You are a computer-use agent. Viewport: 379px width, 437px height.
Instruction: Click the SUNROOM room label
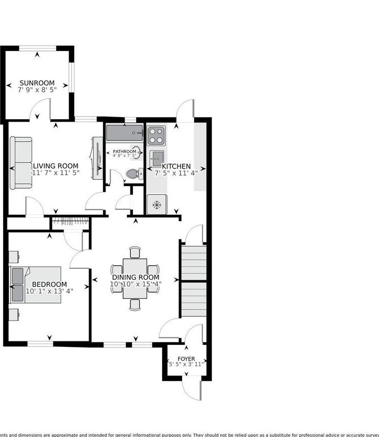pos(37,83)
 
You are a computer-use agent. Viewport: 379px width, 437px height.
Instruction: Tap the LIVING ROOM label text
pos(55,166)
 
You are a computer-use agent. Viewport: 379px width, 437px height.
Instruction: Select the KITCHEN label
pos(175,166)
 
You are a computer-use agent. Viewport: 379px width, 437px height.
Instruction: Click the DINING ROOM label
pos(135,277)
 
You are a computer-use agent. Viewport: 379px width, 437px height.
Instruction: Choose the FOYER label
pos(186,359)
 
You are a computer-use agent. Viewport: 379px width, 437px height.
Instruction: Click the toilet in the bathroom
pos(133,174)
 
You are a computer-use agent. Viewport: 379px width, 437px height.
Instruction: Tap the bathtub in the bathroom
pos(124,134)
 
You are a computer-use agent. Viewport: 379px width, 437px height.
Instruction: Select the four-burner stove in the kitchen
pos(156,135)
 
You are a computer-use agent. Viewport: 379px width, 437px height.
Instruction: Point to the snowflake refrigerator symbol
pos(156,204)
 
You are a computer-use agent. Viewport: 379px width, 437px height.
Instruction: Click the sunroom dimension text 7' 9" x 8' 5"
pos(37,90)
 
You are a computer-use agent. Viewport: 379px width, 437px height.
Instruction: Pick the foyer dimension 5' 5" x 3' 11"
pos(186,365)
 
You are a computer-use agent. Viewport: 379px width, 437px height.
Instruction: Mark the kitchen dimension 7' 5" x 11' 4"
pos(176,173)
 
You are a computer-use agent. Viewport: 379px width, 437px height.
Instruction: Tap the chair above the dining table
pos(135,252)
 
